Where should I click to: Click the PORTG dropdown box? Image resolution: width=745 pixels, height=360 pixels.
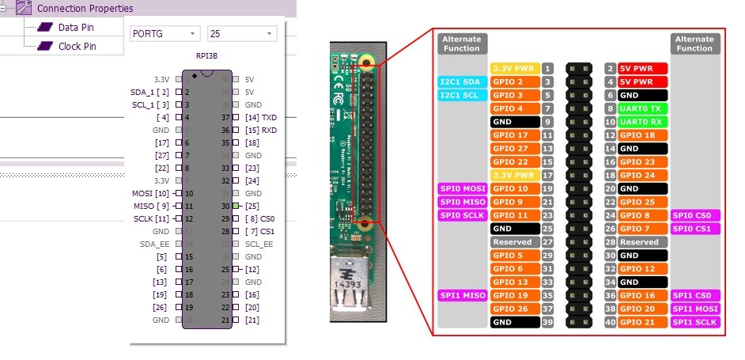coord(164,34)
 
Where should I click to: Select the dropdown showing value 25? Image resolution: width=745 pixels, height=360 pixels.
coord(241,34)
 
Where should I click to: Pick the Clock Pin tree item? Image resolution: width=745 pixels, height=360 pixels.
coord(78,46)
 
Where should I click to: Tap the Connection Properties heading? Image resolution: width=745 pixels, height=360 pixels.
coord(85,8)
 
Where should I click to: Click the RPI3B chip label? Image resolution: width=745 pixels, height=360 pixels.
coord(207,57)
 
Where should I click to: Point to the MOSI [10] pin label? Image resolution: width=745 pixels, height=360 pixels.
coord(150,193)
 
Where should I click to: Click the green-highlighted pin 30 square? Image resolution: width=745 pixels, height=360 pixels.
coord(236,206)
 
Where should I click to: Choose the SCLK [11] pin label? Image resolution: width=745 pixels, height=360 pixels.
coord(150,218)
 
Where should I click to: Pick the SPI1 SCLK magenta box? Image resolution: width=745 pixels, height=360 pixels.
coord(694,322)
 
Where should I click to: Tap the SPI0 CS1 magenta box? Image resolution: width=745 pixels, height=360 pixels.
coord(694,229)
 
